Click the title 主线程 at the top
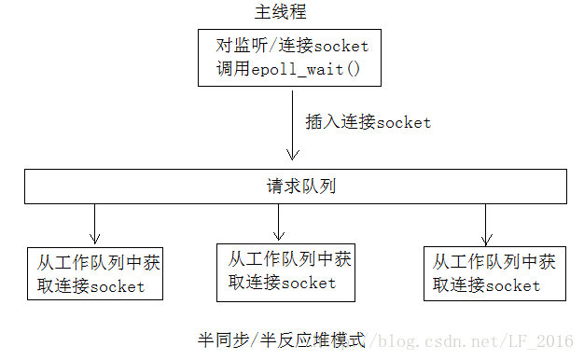tap(280, 12)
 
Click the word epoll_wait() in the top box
tap(299, 67)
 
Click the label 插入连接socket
tap(368, 122)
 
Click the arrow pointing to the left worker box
tap(94, 224)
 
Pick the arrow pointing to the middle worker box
tap(279, 222)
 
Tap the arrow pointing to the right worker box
tap(486, 225)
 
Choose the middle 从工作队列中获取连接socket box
tap(285, 271)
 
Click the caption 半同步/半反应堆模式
tap(279, 337)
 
